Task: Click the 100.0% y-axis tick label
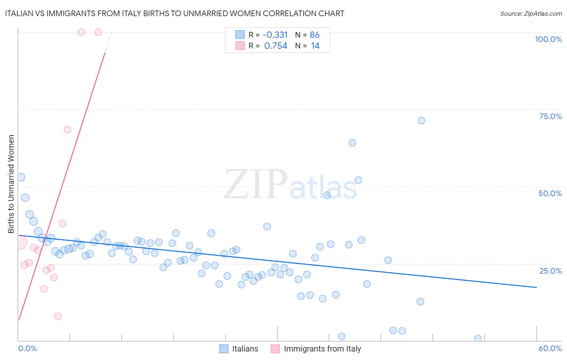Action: point(548,39)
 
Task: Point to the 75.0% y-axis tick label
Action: point(550,116)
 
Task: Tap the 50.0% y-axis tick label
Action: point(550,193)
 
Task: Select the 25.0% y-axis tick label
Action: point(550,271)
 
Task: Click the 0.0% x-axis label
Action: point(27,348)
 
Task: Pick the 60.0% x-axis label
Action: point(550,348)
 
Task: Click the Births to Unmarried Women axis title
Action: point(11,184)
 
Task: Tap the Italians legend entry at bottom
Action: point(239,349)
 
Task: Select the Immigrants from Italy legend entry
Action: point(316,349)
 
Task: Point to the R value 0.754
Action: point(276,46)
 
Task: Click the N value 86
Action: point(315,35)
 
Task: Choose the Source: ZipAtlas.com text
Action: point(531,13)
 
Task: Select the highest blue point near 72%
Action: point(421,120)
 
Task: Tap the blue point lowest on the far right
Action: point(478,338)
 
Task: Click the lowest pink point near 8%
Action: point(58,316)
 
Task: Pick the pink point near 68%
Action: point(67,130)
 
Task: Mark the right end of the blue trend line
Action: point(536,287)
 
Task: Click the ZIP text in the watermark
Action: point(256,185)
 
